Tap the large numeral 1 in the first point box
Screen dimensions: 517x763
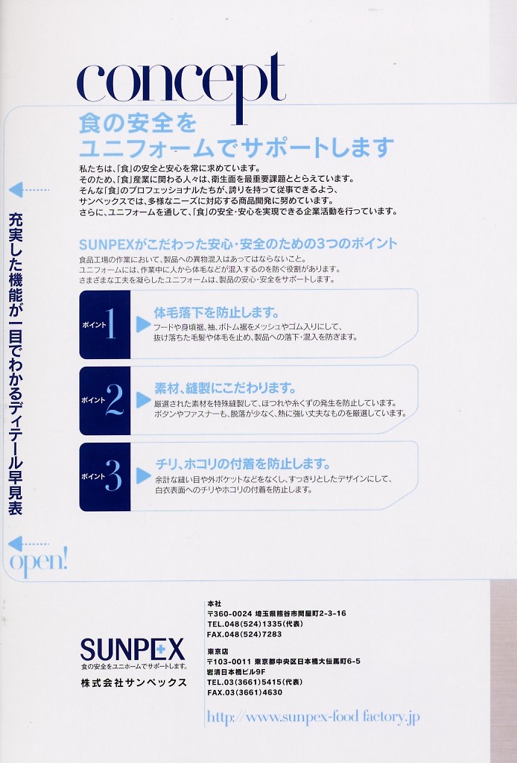pyautogui.click(x=112, y=323)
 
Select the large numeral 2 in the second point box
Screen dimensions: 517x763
pyautogui.click(x=114, y=399)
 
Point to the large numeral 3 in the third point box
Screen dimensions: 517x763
pyautogui.click(x=112, y=475)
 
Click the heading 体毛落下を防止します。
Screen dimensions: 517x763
pyautogui.click(x=217, y=312)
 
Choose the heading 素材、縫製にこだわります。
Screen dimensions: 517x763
pyautogui.click(x=225, y=388)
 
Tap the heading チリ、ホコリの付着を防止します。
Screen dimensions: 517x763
pyautogui.click(x=243, y=463)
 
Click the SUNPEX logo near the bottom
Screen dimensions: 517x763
pyautogui.click(x=133, y=649)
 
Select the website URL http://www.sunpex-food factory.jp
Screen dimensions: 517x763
pyautogui.click(x=313, y=717)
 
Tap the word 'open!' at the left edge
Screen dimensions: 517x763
pyautogui.click(x=39, y=563)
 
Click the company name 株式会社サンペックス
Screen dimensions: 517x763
pyautogui.click(x=134, y=683)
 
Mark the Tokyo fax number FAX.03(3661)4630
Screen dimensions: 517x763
pyautogui.click(x=244, y=692)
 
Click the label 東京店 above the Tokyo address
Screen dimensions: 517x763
pyautogui.click(x=218, y=651)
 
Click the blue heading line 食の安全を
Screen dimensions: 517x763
pyautogui.click(x=138, y=123)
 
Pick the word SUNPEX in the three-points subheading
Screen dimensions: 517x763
pyautogui.click(x=106, y=244)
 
